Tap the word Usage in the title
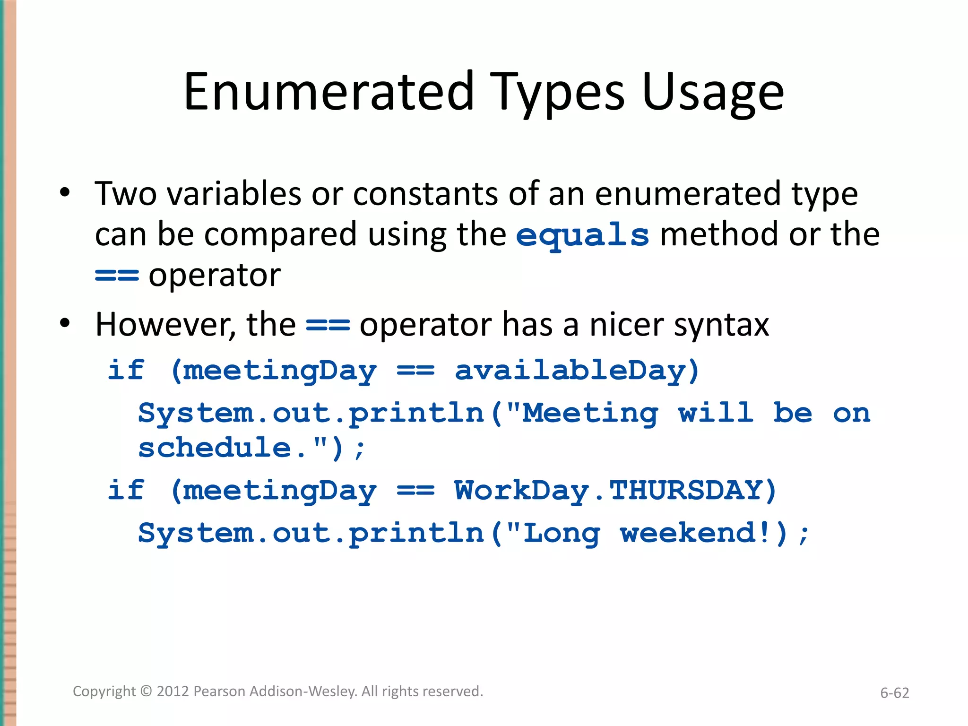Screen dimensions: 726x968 tap(713, 93)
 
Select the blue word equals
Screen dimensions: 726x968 tap(582, 235)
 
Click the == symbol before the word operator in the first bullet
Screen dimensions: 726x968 tap(117, 275)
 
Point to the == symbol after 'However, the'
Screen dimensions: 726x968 tap(328, 325)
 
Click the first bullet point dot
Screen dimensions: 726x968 tap(65, 193)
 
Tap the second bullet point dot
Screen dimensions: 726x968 tap(65, 324)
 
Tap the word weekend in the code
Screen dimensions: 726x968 tap(688, 533)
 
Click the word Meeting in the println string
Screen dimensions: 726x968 tap(589, 414)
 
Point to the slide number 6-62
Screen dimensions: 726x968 tap(894, 693)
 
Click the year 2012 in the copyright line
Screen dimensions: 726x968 tap(173, 691)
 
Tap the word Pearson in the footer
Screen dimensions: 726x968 tap(219, 691)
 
